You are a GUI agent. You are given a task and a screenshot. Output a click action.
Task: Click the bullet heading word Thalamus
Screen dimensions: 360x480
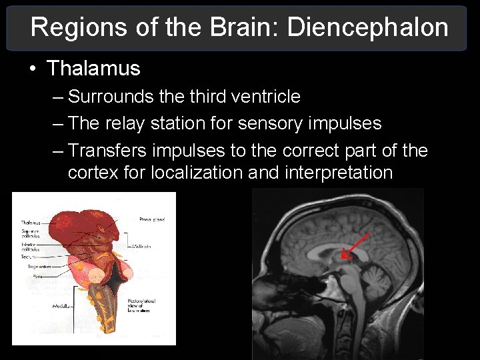(x=93, y=68)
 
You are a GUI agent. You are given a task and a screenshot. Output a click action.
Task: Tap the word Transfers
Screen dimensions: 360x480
(x=109, y=151)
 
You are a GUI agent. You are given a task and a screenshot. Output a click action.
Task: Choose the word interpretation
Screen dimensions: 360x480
(x=338, y=173)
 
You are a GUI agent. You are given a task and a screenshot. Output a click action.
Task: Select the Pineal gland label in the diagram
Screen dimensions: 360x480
(x=152, y=219)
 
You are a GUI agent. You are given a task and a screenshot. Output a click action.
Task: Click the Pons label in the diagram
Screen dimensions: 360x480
(x=39, y=274)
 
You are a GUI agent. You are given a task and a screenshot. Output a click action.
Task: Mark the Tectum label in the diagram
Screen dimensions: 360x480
(x=28, y=256)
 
